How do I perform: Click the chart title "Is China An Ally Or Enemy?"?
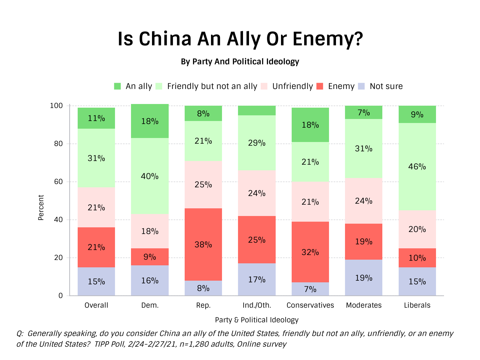[240, 39]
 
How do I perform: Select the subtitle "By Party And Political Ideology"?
[240, 62]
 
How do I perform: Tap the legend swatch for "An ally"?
[117, 86]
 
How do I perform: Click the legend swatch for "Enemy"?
[320, 86]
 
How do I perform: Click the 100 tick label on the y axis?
[56, 106]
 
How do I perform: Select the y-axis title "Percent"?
[41, 208]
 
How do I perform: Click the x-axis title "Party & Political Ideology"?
[257, 320]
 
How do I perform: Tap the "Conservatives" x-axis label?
[310, 305]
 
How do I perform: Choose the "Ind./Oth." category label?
[257, 305]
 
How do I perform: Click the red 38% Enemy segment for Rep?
[203, 244]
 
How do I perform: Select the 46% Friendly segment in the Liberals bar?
[417, 167]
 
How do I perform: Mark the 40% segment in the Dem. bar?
[150, 176]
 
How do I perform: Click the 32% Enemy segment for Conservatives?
[310, 252]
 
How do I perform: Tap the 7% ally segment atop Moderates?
[364, 113]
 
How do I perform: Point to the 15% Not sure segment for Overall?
[96, 281]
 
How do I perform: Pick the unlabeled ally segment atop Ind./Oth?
[257, 111]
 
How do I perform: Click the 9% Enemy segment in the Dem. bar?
[150, 257]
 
